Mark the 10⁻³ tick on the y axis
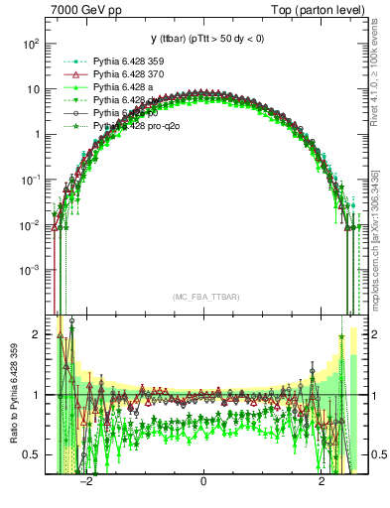pyautogui.click(x=30, y=270)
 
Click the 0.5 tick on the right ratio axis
pyautogui.click(x=377, y=454)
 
